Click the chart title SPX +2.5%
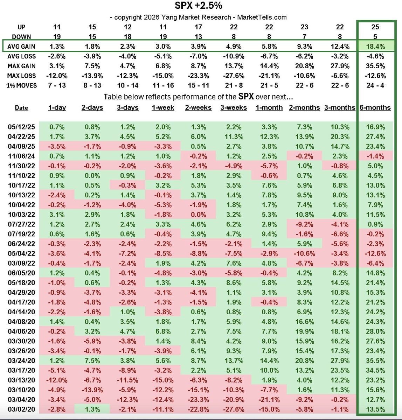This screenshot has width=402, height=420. [x=198, y=6]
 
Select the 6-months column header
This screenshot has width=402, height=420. [x=375, y=108]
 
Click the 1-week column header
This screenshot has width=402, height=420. [x=163, y=108]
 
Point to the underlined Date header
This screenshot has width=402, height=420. [x=21, y=108]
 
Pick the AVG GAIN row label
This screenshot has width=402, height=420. [x=21, y=47]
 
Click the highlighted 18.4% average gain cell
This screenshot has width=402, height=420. [x=375, y=47]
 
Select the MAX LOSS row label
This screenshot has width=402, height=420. [x=21, y=76]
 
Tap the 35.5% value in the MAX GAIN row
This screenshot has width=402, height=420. [x=375, y=66]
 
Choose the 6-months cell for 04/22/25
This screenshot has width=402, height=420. [x=375, y=137]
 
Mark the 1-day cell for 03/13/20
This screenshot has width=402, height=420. [x=56, y=380]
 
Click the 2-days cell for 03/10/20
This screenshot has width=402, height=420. [x=92, y=390]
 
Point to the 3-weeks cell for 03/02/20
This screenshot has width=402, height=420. [x=234, y=409]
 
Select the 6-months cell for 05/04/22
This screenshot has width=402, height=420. [x=375, y=253]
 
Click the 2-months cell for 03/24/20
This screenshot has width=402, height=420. [x=304, y=360]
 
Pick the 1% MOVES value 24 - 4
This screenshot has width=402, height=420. [x=375, y=85]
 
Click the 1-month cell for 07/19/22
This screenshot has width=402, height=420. [x=269, y=234]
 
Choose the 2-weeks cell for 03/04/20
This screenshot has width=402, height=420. [x=198, y=400]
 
